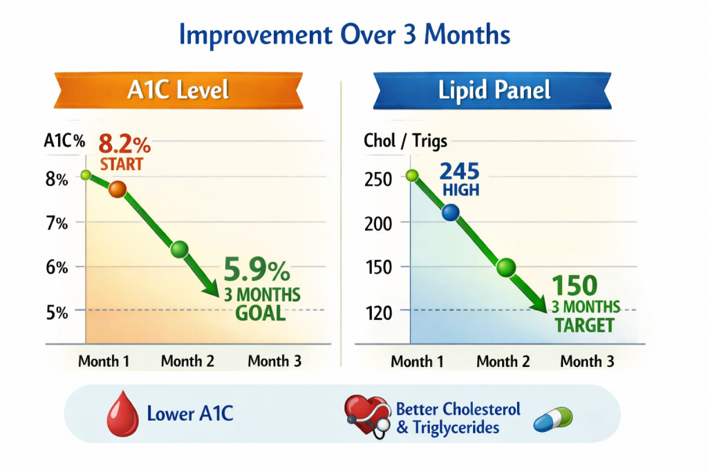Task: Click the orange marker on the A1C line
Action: coord(118,189)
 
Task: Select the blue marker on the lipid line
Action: coord(450,212)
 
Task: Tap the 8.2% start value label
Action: coord(124,144)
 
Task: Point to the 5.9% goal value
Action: coord(257,270)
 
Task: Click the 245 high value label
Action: coord(460,171)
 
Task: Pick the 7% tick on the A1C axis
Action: coord(57,223)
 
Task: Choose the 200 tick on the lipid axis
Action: coord(378,223)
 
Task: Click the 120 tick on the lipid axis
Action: coord(378,313)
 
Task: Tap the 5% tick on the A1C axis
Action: coord(57,312)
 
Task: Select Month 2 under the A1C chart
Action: coord(187,361)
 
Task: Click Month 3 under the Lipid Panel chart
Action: coord(587,361)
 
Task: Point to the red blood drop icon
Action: coord(123,413)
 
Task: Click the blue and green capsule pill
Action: coord(553,419)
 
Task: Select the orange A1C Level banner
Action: coord(178,91)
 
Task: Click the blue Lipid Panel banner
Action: coord(492,91)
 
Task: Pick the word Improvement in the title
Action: coord(256,35)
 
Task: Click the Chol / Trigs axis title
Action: coord(405,141)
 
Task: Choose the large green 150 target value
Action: coord(575,285)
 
